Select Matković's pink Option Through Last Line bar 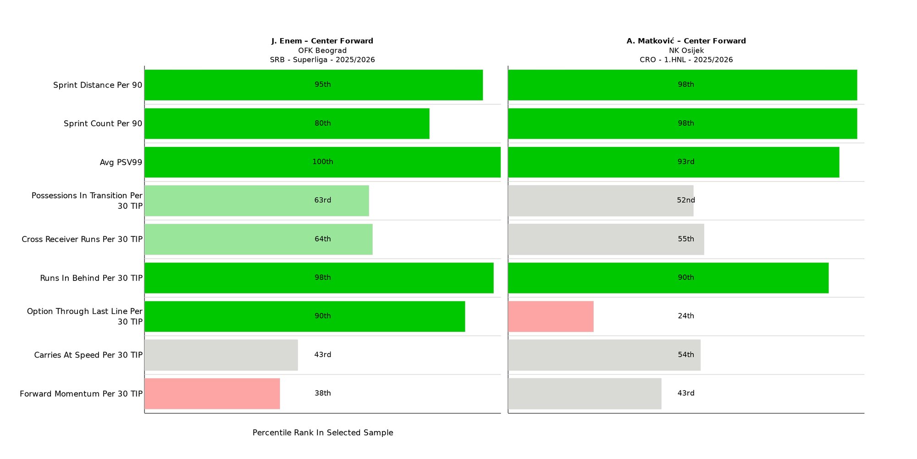click(x=551, y=316)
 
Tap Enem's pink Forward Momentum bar click(x=212, y=393)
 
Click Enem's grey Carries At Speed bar click(x=221, y=355)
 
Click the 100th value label click(x=323, y=162)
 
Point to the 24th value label click(x=686, y=316)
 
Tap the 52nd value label click(x=686, y=201)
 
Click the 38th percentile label click(x=323, y=393)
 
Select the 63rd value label click(x=323, y=201)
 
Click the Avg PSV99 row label click(x=121, y=162)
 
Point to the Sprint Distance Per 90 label click(x=98, y=85)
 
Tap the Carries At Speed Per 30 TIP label click(x=88, y=355)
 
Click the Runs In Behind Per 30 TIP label click(x=91, y=278)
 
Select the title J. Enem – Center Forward click(x=322, y=41)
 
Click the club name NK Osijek click(x=686, y=50)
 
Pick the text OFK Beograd click(x=322, y=50)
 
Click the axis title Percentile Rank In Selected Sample click(x=323, y=433)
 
